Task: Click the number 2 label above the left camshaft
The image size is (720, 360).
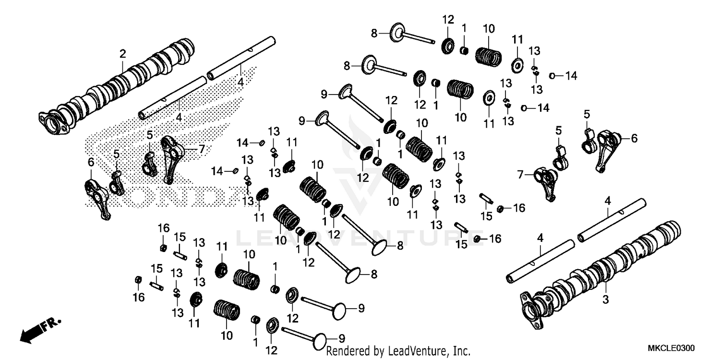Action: click(123, 54)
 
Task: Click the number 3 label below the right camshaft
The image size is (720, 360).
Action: click(605, 300)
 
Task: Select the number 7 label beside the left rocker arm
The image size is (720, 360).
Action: click(202, 149)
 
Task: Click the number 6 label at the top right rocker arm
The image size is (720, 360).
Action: click(634, 138)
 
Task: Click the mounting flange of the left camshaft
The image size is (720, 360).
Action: click(53, 122)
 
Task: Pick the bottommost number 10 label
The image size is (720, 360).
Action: click(227, 334)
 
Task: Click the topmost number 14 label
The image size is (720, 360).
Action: click(570, 75)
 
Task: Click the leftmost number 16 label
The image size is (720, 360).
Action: click(138, 298)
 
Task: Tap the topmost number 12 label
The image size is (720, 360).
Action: click(448, 20)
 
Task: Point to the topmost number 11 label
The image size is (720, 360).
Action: click(517, 39)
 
